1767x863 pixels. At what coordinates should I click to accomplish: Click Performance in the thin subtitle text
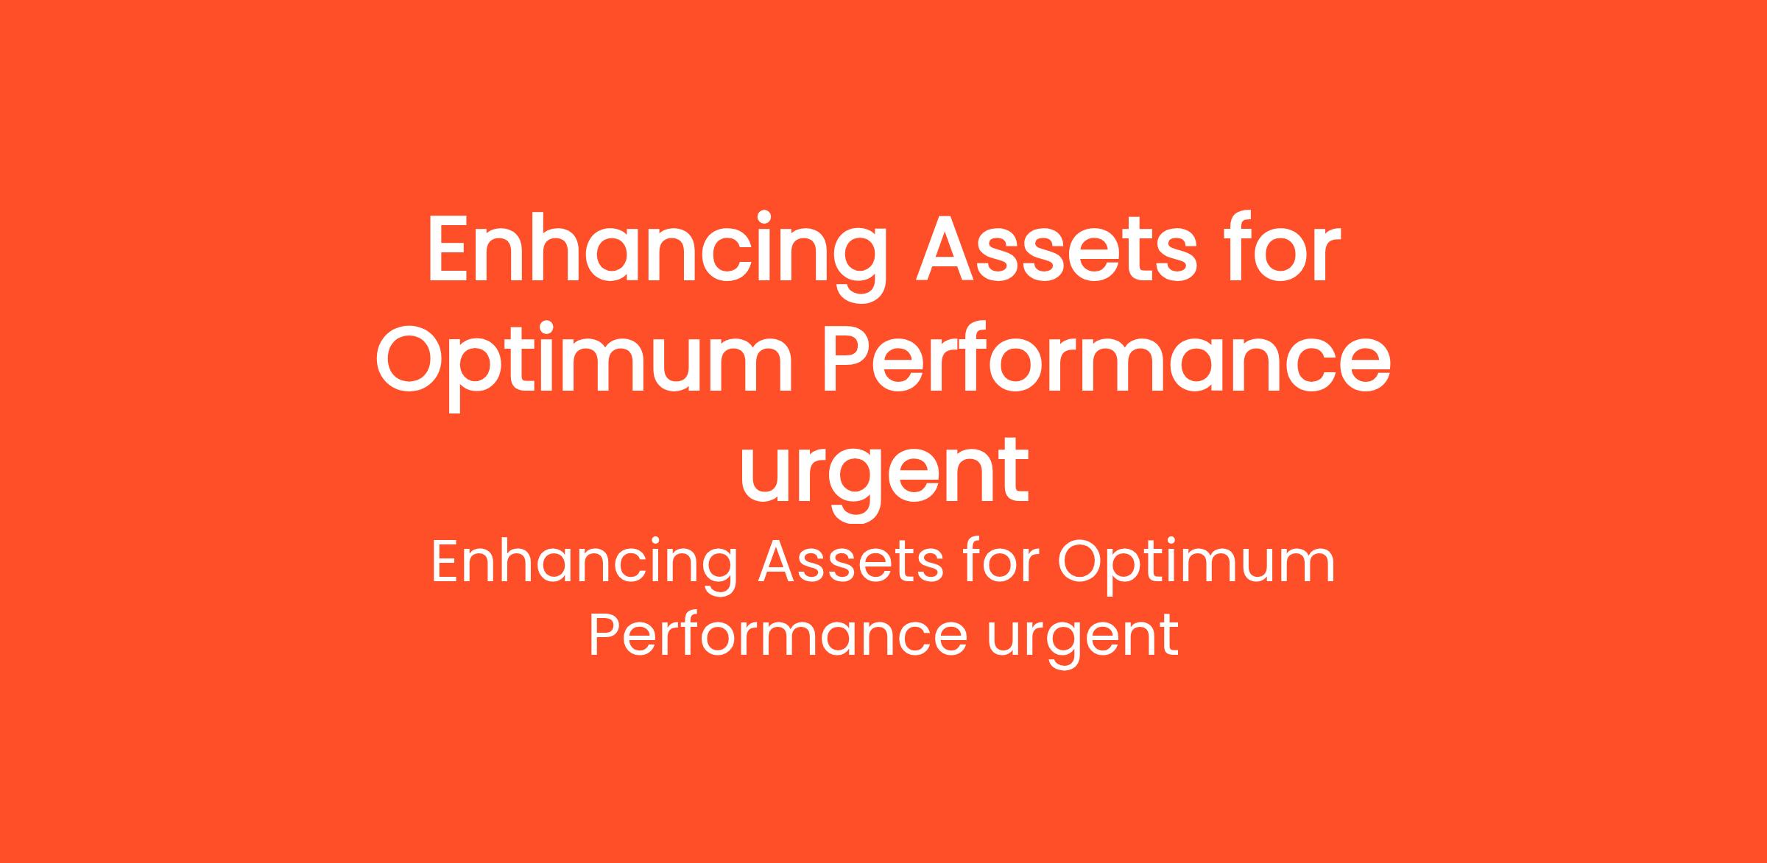777,634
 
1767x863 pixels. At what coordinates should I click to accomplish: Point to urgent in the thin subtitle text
1082,640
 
